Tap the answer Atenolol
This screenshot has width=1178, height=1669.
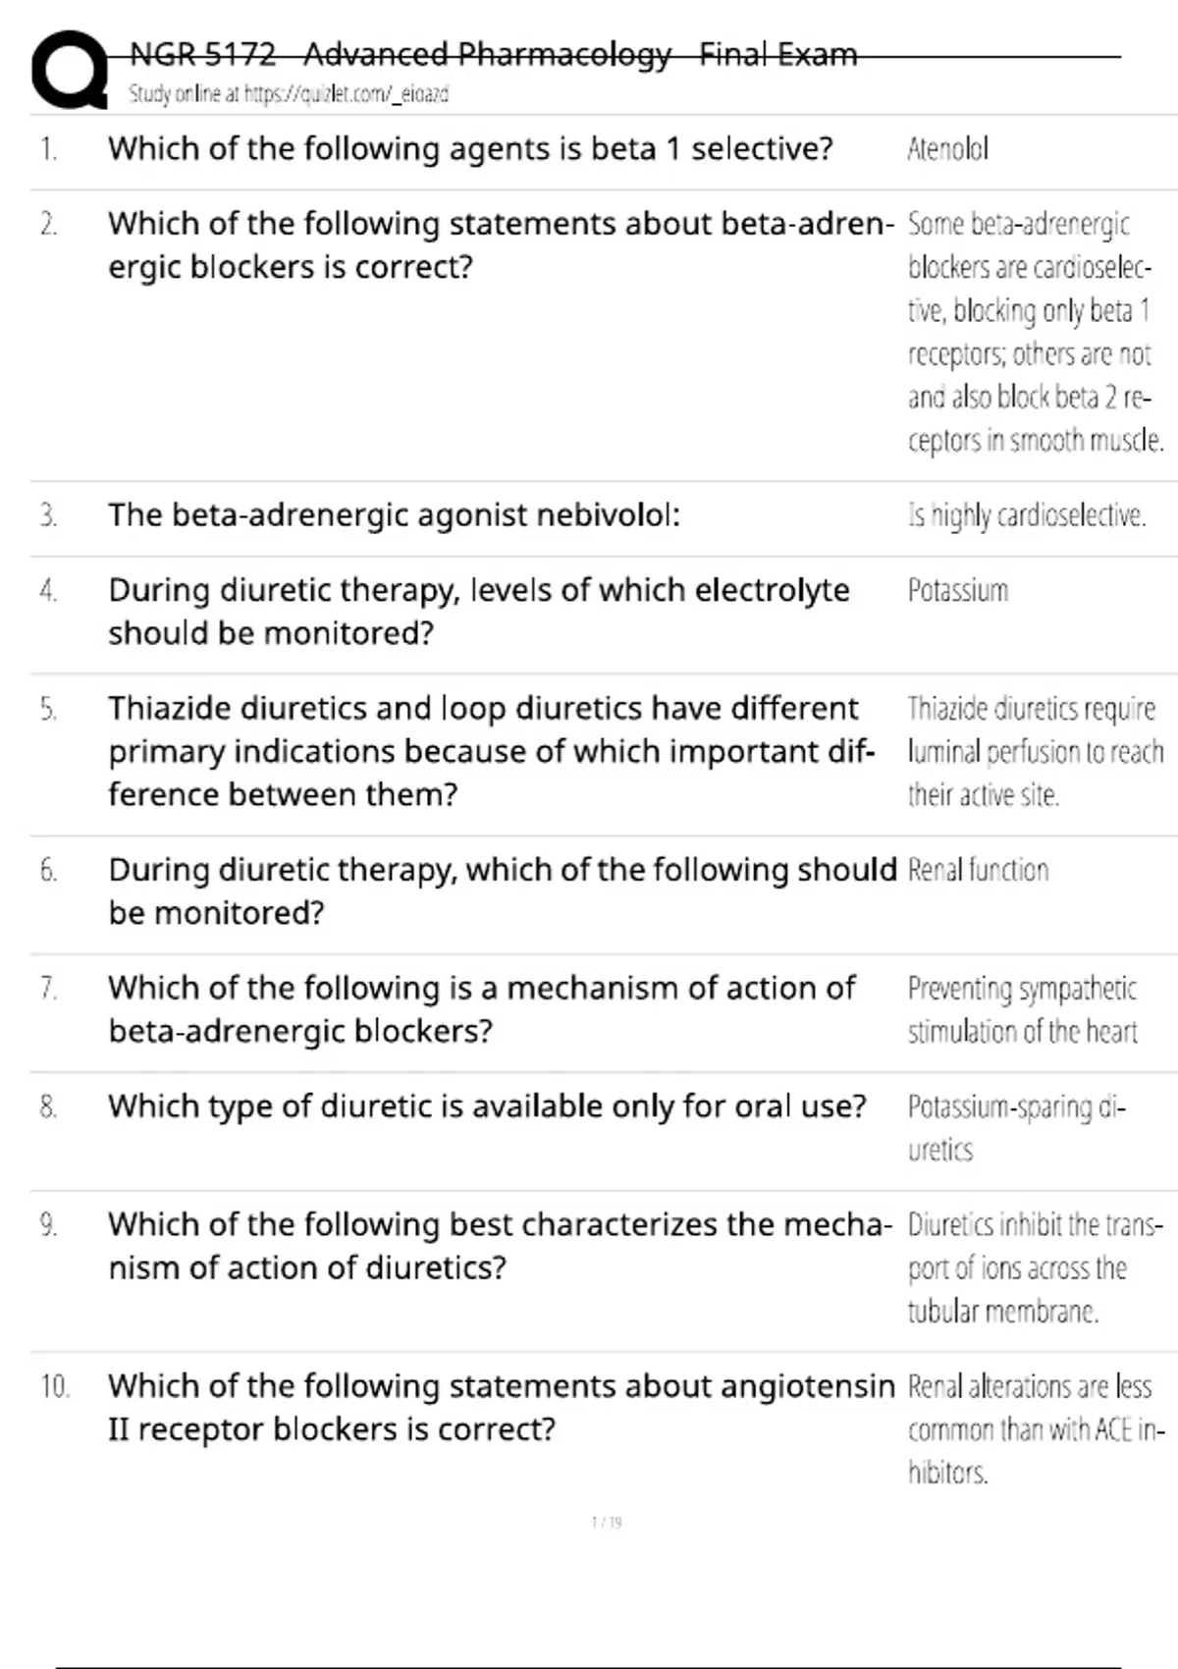coord(947,149)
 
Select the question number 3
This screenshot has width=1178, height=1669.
coord(48,515)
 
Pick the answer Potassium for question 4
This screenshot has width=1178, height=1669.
coord(957,591)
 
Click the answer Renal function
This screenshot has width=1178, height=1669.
coord(978,871)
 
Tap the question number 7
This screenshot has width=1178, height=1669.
coord(48,989)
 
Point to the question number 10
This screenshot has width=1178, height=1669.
coord(54,1386)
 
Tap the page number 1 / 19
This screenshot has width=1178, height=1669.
coord(607,1523)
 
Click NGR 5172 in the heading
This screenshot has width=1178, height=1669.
coord(202,54)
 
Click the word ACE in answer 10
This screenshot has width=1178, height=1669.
coord(1113,1429)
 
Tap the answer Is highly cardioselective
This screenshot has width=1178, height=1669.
coord(1027,515)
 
